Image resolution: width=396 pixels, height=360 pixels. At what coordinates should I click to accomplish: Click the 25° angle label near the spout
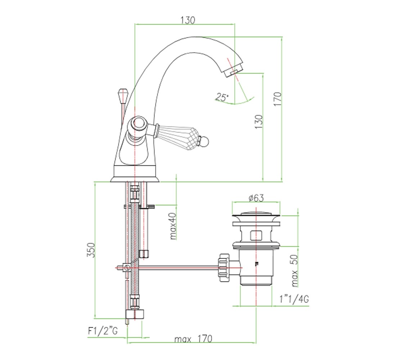pyautogui.click(x=222, y=97)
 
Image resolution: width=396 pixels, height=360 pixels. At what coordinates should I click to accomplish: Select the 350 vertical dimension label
pyautogui.click(x=91, y=250)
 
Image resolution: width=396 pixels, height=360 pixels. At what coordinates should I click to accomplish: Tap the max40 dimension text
pyautogui.click(x=173, y=226)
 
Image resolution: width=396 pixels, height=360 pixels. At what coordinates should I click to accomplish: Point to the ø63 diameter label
pyautogui.click(x=256, y=198)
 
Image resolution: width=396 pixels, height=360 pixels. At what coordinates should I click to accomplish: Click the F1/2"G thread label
pyautogui.click(x=103, y=331)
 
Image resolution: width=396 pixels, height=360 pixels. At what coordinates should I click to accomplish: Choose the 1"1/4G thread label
pyautogui.click(x=294, y=299)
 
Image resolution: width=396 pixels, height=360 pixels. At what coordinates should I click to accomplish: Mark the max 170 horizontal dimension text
pyautogui.click(x=193, y=338)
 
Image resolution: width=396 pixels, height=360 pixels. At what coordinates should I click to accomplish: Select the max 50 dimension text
pyautogui.click(x=295, y=271)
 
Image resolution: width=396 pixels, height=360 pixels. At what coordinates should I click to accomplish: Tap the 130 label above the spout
pyautogui.click(x=188, y=20)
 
